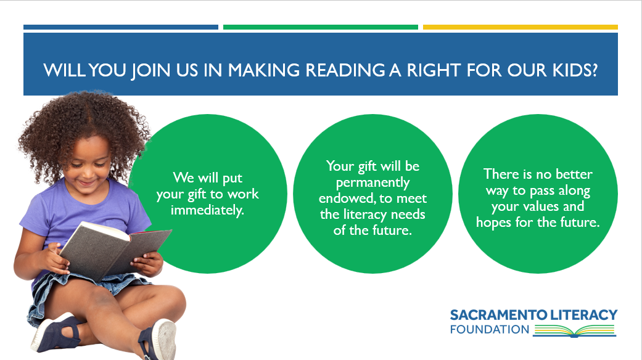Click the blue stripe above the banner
click(x=121, y=27)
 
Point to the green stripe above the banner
click(x=321, y=27)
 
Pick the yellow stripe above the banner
click(x=521, y=27)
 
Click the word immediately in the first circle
click(x=207, y=210)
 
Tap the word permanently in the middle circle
click(x=372, y=182)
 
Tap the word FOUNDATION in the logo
click(x=490, y=329)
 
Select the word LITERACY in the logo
click(x=583, y=315)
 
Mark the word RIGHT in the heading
click(x=434, y=70)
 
